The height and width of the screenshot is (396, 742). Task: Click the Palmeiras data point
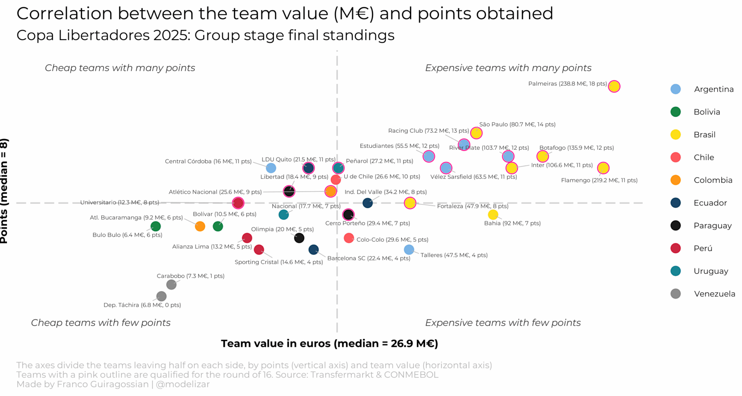pyautogui.click(x=614, y=86)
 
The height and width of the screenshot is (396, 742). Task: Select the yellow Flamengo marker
pyautogui.click(x=603, y=168)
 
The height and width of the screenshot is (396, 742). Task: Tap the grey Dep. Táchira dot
pyautogui.click(x=162, y=296)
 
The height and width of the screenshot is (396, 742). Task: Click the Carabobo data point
pyautogui.click(x=171, y=285)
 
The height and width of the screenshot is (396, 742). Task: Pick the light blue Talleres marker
pyautogui.click(x=409, y=249)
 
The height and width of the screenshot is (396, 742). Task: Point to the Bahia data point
pyautogui.click(x=493, y=214)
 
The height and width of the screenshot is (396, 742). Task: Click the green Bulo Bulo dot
pyautogui.click(x=155, y=226)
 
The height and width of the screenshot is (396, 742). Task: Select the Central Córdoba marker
pyautogui.click(x=271, y=168)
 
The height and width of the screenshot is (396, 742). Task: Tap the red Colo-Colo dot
pyautogui.click(x=349, y=238)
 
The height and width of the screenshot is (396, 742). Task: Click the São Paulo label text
pyautogui.click(x=517, y=125)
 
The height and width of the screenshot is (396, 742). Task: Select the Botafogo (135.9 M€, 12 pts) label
pyautogui.click(x=576, y=148)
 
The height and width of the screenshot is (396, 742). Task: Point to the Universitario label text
pyautogui.click(x=119, y=202)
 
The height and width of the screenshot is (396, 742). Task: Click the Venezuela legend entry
pyautogui.click(x=714, y=294)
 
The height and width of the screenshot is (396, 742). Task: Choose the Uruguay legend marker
pyautogui.click(x=676, y=271)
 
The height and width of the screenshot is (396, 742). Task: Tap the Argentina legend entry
pyautogui.click(x=713, y=89)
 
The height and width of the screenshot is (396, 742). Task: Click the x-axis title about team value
pyautogui.click(x=329, y=343)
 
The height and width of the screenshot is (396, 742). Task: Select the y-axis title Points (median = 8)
pyautogui.click(x=4, y=191)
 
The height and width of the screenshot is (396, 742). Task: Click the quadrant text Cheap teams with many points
pyautogui.click(x=120, y=68)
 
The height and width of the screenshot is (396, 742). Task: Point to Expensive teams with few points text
pyautogui.click(x=502, y=323)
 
